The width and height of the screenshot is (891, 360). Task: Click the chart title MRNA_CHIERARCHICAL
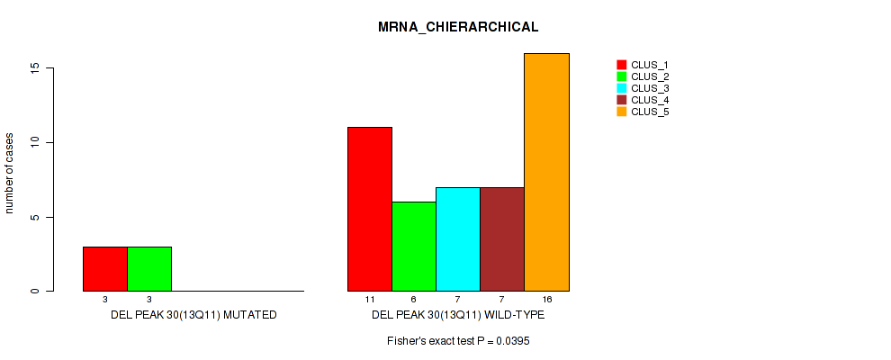(458, 27)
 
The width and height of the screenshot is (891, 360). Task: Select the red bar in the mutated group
(105, 268)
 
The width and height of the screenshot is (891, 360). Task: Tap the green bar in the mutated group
(149, 268)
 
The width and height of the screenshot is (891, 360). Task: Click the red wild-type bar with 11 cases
(370, 209)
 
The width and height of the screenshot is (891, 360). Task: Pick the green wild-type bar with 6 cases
(414, 246)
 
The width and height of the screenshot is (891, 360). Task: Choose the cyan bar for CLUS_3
(458, 238)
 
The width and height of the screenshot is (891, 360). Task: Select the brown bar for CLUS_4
(502, 238)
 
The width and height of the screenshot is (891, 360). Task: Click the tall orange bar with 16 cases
(546, 172)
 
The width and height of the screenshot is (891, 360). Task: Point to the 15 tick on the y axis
(33, 68)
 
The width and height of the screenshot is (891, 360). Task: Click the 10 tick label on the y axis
(33, 142)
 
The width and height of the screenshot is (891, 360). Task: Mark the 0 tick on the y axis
(33, 291)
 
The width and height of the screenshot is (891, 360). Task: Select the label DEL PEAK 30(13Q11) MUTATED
(193, 316)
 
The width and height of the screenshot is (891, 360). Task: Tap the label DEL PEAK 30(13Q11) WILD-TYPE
(458, 316)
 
